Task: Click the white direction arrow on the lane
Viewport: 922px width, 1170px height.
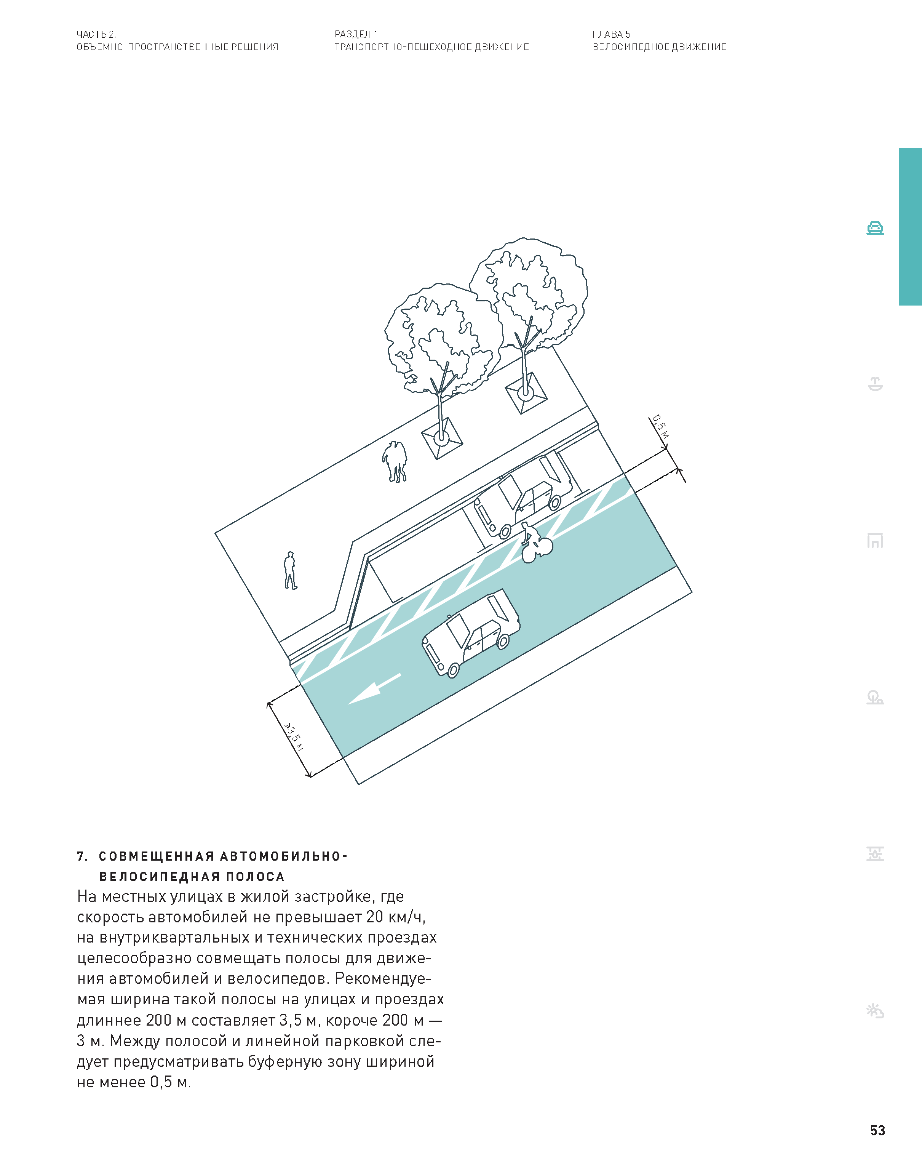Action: pos(374,689)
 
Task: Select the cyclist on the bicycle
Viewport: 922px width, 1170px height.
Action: pos(536,543)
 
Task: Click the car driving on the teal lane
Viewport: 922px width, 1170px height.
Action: pos(471,633)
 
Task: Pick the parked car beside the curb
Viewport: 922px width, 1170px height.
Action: pos(523,495)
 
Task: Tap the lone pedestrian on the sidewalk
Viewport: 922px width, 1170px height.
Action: pos(291,570)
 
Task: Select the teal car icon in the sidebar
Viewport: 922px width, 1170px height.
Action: pos(875,228)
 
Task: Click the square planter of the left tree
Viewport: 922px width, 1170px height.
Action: pos(441,438)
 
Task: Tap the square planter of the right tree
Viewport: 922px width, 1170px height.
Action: pos(526,392)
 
